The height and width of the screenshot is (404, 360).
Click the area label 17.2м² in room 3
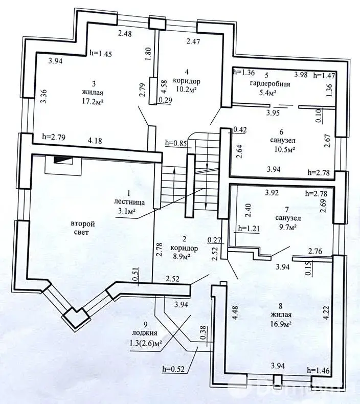[93, 101]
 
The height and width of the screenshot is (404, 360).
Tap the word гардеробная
[270, 84]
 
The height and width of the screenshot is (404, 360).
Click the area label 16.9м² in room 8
[281, 324]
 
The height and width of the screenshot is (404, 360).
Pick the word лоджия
[144, 333]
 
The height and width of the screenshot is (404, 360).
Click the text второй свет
[83, 228]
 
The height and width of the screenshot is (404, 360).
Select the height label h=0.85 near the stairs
[176, 143]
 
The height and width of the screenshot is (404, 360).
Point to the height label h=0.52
[173, 369]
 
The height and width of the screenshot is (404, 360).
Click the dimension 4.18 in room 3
[95, 141]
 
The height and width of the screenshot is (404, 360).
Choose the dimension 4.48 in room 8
[235, 313]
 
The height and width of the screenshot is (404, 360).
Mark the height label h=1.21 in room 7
[249, 228]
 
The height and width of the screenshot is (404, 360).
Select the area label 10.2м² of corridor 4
[186, 89]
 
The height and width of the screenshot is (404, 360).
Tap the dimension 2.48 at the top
[125, 33]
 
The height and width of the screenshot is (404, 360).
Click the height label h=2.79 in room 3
[54, 137]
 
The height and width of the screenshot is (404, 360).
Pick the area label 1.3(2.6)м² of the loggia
[144, 343]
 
